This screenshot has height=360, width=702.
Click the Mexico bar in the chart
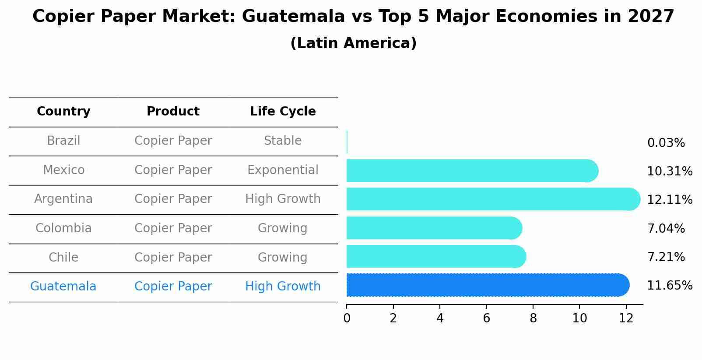coord(472,171)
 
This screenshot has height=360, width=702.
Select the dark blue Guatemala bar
coord(487,285)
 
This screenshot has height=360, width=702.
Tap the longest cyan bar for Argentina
coord(493,199)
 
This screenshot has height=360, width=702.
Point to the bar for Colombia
coord(434,228)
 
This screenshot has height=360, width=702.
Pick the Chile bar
coord(436,256)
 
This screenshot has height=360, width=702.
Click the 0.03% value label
coord(666,143)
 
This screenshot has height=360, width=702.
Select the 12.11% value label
coord(669,200)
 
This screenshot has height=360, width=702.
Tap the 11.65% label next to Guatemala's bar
coord(669,286)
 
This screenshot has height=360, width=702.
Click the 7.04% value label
coord(666,229)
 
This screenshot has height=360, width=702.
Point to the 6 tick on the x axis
coord(486,318)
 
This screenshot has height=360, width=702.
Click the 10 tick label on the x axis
coord(579,318)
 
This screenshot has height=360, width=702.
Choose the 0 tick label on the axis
coord(347,318)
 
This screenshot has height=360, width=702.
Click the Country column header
coord(63,112)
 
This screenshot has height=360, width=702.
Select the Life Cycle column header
coord(283,112)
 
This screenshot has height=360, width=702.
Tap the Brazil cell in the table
coord(63,141)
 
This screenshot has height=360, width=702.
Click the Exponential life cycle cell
coord(283,170)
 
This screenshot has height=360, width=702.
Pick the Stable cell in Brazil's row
coord(283,141)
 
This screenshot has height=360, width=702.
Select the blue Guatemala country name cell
coord(63,287)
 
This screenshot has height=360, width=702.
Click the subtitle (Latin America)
coord(353,43)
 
